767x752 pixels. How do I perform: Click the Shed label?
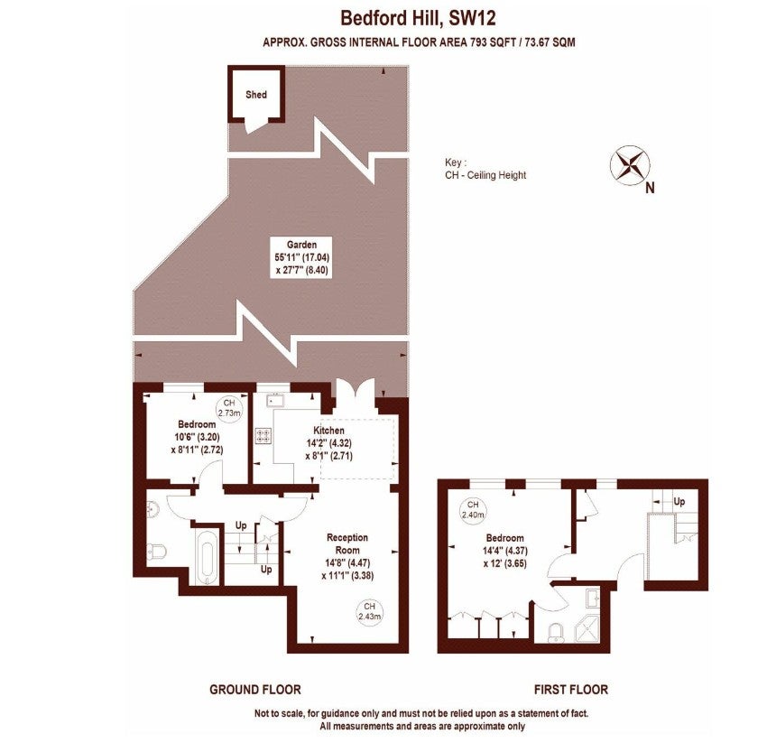[256, 95]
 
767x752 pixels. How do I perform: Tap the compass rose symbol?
[630, 165]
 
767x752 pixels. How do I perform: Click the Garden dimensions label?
[301, 257]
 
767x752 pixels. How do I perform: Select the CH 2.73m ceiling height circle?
[229, 407]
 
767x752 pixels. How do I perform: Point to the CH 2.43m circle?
[370, 611]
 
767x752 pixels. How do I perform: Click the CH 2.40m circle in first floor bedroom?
[473, 509]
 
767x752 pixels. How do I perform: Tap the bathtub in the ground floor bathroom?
[207, 556]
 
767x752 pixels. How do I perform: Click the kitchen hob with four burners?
[263, 435]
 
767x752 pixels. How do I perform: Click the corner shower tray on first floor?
[587, 628]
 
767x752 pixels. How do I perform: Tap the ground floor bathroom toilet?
[158, 551]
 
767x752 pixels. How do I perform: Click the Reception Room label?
[347, 543]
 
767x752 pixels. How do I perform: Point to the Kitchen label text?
[328, 431]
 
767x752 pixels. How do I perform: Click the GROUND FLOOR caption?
[254, 690]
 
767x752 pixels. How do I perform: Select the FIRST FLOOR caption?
[571, 690]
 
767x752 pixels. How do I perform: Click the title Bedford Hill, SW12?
[418, 18]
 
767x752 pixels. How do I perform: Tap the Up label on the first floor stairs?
[679, 501]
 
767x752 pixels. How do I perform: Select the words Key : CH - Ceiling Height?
[485, 169]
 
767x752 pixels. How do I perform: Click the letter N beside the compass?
[650, 188]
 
